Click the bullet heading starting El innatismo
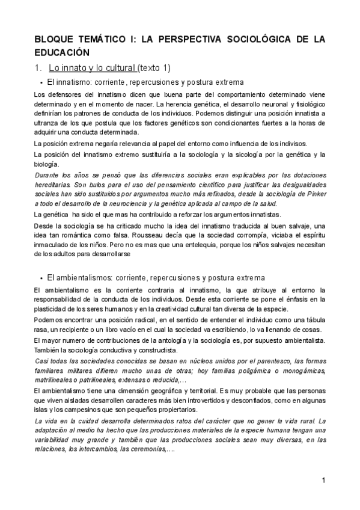pyautogui.click(x=145, y=82)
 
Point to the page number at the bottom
pyautogui.click(x=323, y=480)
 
